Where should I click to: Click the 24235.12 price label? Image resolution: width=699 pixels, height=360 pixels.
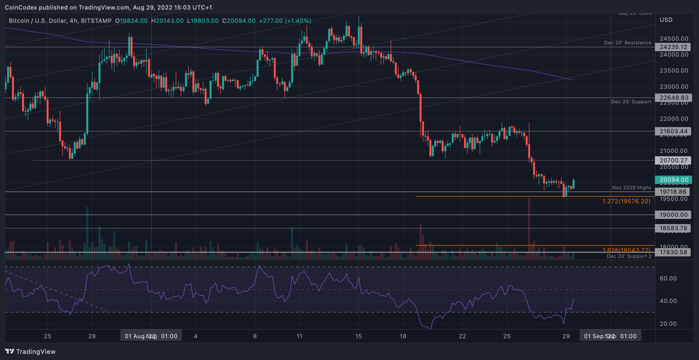coord(673,47)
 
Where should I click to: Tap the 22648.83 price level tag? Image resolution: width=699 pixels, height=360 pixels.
coord(673,98)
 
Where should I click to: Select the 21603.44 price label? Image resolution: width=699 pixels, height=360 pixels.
coord(673,131)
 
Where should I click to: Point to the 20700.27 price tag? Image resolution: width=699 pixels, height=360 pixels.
coord(673,161)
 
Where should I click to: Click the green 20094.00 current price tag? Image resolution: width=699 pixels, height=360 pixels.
coord(673,180)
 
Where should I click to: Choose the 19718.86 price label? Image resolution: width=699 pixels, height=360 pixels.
coord(673,192)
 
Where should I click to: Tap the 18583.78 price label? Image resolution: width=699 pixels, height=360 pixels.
coord(673,228)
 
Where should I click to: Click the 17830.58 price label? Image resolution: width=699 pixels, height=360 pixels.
coord(673,252)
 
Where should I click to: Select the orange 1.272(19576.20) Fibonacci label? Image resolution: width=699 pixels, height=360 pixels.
coord(626,201)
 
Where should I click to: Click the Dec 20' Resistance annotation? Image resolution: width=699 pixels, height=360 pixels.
coord(627,43)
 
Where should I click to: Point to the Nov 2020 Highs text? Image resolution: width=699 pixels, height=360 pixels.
coord(631,188)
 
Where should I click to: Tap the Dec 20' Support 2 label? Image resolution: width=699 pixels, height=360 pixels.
coord(629,256)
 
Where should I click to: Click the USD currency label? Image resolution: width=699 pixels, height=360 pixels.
coord(666,20)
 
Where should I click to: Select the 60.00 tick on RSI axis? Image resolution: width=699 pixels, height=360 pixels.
coord(668,279)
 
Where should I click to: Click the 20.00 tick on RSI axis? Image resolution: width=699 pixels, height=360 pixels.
coord(668,324)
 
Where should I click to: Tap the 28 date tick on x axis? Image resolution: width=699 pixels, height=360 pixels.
coord(92,336)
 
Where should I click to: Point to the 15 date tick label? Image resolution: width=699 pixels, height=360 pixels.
coord(359,336)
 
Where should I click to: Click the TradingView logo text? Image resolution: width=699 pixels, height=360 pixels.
coord(36,352)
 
